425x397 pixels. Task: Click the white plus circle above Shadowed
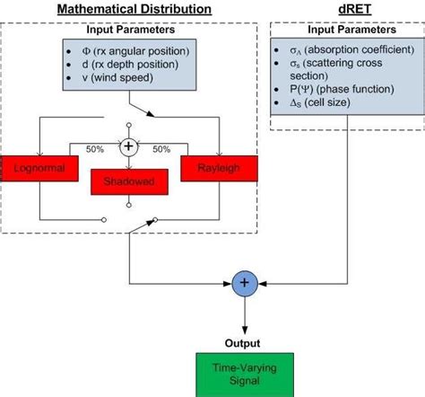[130, 146]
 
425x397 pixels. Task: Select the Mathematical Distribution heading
[134, 10]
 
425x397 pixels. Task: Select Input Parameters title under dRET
[346, 30]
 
